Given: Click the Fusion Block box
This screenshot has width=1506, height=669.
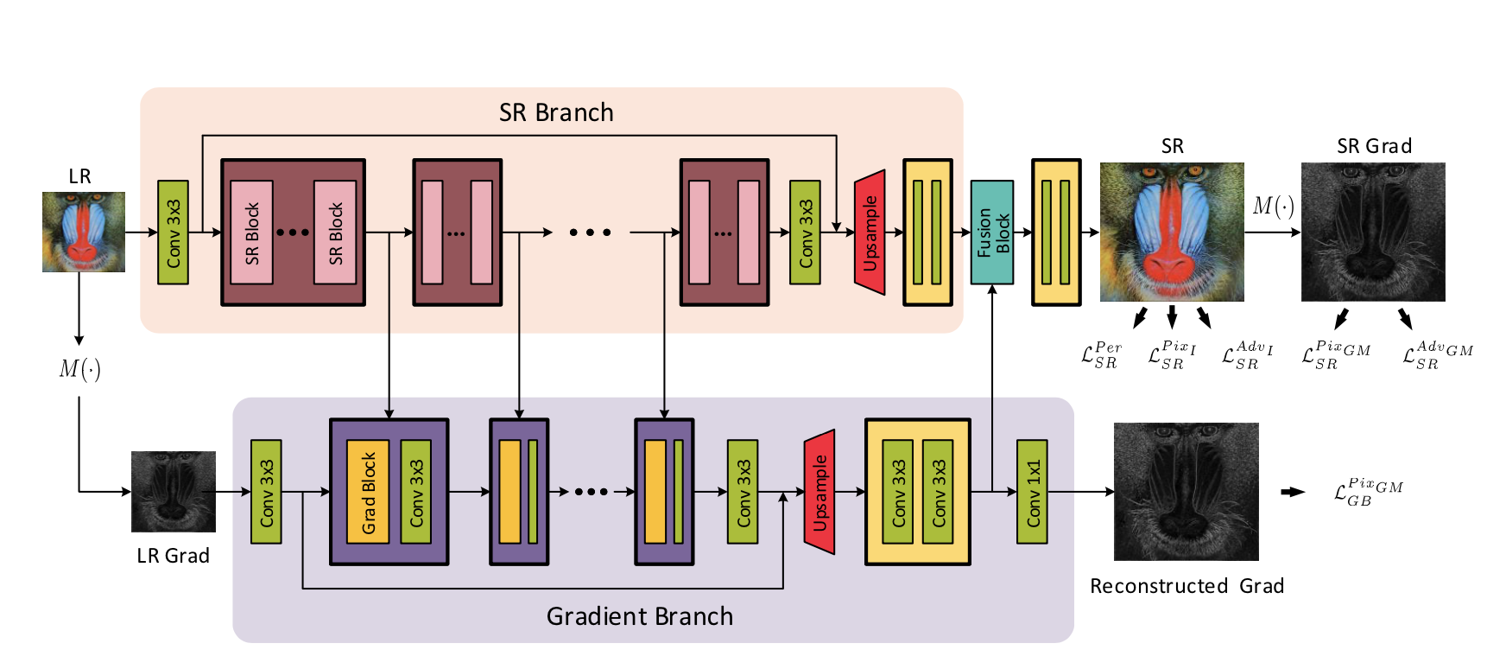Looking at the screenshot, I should coord(991,233).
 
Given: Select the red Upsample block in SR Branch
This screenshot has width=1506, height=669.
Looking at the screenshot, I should coord(870,233).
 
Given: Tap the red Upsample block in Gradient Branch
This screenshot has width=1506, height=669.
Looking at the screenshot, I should coord(819,492).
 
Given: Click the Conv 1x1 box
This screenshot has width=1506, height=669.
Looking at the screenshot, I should coord(1032,492).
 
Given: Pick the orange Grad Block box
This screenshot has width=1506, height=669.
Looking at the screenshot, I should coord(368,492).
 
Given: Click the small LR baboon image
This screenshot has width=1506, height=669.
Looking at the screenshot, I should coord(83,232).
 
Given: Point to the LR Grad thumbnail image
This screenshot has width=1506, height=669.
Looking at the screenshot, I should coord(173,491).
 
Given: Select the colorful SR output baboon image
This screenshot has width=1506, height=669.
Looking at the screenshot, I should coord(1172,232).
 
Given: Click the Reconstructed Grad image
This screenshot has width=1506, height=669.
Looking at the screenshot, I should coord(1186,491).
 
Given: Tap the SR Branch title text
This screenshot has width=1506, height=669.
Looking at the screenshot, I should coord(556,112).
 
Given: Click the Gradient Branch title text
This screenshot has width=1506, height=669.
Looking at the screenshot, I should coord(639,616).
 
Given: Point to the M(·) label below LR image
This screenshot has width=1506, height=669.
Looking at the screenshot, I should coord(79,370).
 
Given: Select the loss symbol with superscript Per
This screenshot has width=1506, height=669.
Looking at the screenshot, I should coord(1101,355).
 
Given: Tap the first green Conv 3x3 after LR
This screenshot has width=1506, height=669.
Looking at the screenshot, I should coord(173,233).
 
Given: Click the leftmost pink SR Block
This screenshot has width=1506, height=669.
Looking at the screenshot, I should coord(251,233).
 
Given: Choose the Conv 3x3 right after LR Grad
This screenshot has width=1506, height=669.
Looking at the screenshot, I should coord(266,492).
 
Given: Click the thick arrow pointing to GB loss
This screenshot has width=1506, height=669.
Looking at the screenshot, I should coord(1293,492).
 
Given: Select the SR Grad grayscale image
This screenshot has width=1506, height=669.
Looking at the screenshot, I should coord(1373,232).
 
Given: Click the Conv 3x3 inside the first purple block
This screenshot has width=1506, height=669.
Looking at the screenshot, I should coord(416,492).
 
